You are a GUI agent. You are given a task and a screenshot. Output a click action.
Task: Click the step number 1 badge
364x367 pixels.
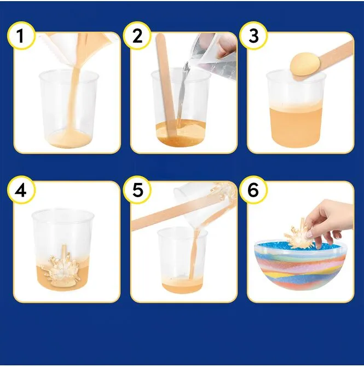pyautogui.click(x=21, y=36)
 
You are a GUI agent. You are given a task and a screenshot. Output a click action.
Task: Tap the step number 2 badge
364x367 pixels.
pyautogui.click(x=137, y=36)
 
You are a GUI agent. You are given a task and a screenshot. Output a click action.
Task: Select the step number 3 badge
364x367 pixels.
pyautogui.click(x=253, y=36)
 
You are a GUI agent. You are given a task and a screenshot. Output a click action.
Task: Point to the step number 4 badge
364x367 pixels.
pyautogui.click(x=21, y=190)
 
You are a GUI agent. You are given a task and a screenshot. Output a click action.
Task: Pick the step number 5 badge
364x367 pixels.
pyautogui.click(x=137, y=190)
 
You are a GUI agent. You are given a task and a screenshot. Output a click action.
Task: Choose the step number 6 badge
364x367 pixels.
pyautogui.click(x=253, y=190)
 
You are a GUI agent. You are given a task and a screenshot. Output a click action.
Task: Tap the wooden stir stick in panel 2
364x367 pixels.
pyautogui.click(x=166, y=87)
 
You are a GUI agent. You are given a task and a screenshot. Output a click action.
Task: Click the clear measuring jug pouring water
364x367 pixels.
pyautogui.click(x=213, y=56)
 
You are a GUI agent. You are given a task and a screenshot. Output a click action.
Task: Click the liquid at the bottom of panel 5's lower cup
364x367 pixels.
pyautogui.click(x=182, y=284)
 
